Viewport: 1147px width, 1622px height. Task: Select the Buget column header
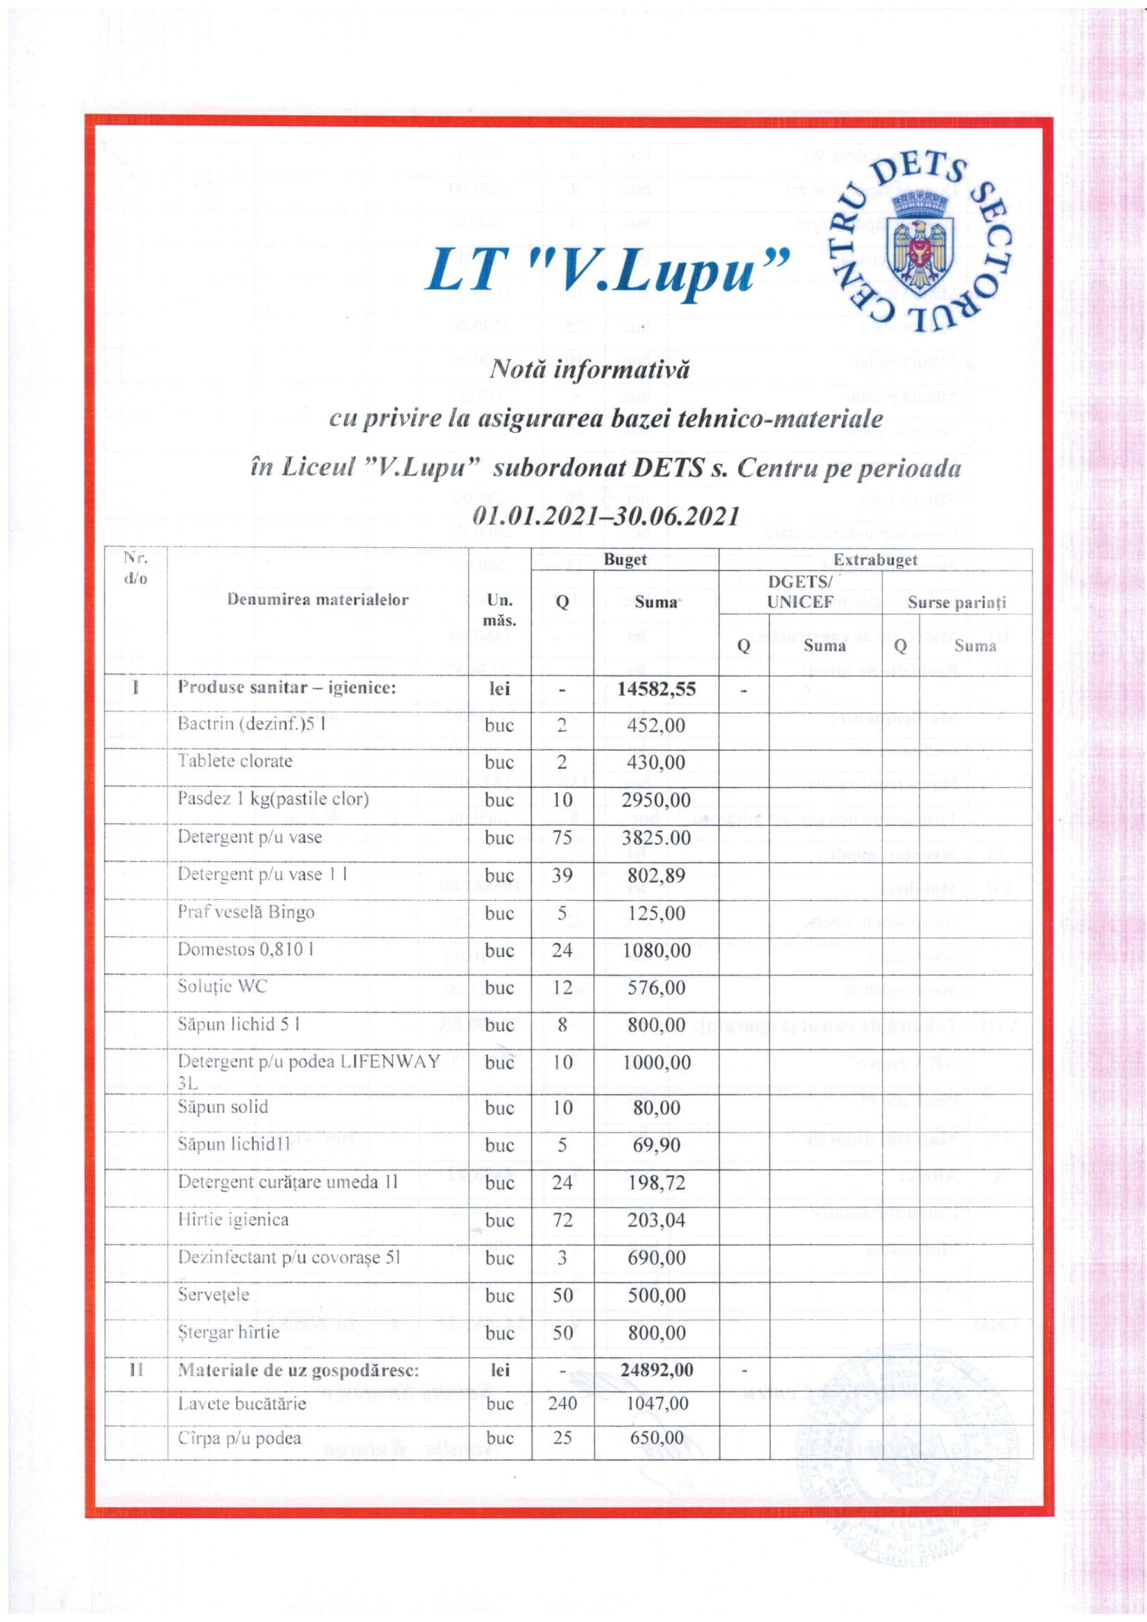(x=625, y=560)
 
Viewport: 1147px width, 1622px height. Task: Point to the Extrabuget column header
(x=875, y=560)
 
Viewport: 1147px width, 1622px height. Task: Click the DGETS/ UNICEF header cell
(x=800, y=592)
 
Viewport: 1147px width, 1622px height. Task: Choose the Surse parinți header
(x=956, y=603)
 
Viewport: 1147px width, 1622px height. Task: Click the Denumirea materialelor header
(x=318, y=600)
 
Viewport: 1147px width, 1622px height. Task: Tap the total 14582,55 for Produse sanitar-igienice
(x=656, y=688)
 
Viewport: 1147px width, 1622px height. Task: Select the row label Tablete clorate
(x=234, y=761)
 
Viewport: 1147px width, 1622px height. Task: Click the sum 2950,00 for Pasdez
(x=656, y=800)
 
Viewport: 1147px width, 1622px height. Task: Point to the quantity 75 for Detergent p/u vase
(x=562, y=838)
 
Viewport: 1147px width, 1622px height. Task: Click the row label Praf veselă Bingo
(x=245, y=912)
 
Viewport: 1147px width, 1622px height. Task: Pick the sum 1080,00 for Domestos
(x=656, y=950)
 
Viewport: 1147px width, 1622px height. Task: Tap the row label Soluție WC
(x=223, y=986)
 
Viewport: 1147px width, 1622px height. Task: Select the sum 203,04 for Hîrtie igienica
(x=656, y=1220)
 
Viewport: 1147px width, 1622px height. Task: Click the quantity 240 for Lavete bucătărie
(x=562, y=1403)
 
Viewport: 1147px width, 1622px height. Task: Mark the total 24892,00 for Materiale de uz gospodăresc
(x=656, y=1370)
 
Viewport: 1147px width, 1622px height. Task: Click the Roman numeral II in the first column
(x=137, y=1370)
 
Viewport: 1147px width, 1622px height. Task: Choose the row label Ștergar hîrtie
(x=228, y=1332)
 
